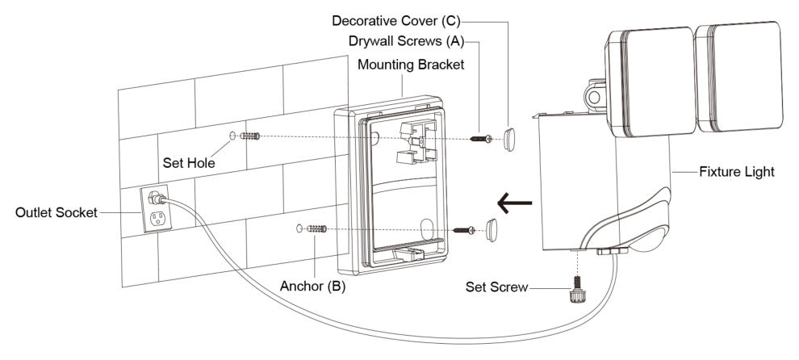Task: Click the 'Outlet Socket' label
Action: pos(56,212)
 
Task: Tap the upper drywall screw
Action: pos(483,139)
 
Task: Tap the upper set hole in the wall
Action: pos(233,137)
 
